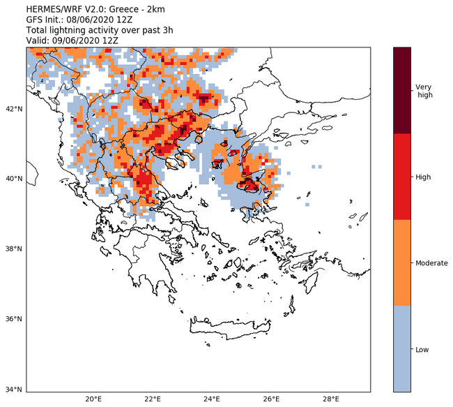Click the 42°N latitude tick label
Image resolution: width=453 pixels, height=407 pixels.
[x=14, y=108]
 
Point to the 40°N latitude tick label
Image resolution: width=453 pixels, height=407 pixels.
[x=14, y=179]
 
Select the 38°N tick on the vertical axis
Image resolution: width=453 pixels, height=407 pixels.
[x=14, y=249]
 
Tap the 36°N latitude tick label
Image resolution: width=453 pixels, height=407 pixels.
[x=14, y=319]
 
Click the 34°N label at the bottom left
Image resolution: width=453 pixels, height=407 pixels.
[x=14, y=390]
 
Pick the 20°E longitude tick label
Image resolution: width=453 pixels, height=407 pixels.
[x=93, y=399]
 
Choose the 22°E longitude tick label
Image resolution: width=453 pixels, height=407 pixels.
[x=153, y=399]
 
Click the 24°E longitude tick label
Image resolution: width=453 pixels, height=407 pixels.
[x=213, y=399]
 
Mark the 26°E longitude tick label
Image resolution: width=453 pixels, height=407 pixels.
[x=272, y=399]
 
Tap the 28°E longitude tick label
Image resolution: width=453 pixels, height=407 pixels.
[x=331, y=399]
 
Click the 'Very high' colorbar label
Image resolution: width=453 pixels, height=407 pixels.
[x=424, y=91]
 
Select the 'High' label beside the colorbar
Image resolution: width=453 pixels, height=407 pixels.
[x=423, y=177]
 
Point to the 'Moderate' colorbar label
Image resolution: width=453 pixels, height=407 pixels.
[x=431, y=262]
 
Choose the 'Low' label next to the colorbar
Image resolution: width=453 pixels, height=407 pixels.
[x=422, y=348]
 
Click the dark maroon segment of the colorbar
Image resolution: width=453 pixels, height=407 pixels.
[x=402, y=90]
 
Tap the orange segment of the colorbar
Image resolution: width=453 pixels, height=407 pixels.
[x=402, y=262]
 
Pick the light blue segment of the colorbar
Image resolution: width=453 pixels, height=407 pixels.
[x=402, y=348]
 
